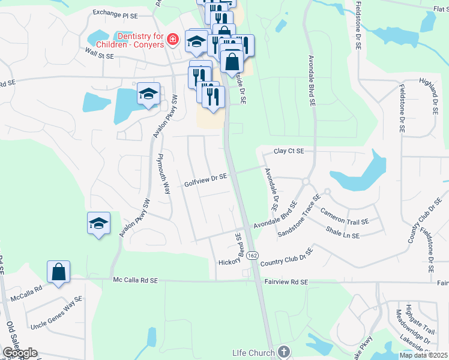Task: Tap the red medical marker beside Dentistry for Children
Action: click(x=173, y=40)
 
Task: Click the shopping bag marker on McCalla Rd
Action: click(x=59, y=272)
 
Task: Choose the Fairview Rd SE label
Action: click(x=287, y=281)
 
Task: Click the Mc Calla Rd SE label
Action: click(x=135, y=280)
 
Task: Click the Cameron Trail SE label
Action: click(x=345, y=217)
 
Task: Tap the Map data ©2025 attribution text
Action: click(x=424, y=355)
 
